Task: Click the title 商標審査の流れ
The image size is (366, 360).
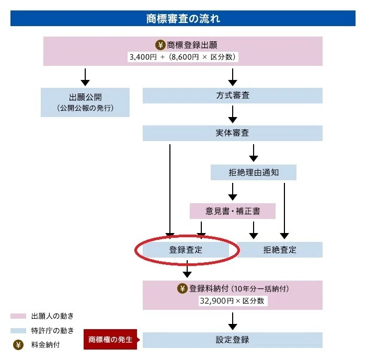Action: pyautogui.click(x=183, y=18)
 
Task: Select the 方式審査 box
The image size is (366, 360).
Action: pyautogui.click(x=233, y=96)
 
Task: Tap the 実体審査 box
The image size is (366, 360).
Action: pyautogui.click(x=233, y=133)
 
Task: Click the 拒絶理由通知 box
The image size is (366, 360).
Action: pyautogui.click(x=254, y=172)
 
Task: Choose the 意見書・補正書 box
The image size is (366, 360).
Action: pyautogui.click(x=233, y=211)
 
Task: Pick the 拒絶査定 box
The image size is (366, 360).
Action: pyautogui.click(x=280, y=250)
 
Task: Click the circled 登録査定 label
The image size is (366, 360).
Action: pyautogui.click(x=186, y=250)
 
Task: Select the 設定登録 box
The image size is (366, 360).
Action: pyautogui.click(x=233, y=340)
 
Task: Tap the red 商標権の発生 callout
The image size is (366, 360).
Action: pyautogui.click(x=110, y=339)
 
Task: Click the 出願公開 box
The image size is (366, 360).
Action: pyautogui.click(x=85, y=102)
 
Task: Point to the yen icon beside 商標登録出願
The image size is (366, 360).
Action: pyautogui.click(x=161, y=45)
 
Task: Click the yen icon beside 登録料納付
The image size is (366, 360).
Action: pyautogui.click(x=182, y=288)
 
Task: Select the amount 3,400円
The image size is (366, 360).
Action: pyautogui.click(x=143, y=57)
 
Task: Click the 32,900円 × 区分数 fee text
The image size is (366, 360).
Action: pyautogui.click(x=232, y=301)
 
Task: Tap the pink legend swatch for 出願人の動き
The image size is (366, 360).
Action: pyautogui.click(x=18, y=316)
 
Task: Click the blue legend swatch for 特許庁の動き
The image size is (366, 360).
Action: pyautogui.click(x=18, y=331)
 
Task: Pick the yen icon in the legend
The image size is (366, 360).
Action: pyautogui.click(x=18, y=345)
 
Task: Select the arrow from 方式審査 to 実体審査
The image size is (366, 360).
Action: pyautogui.click(x=233, y=114)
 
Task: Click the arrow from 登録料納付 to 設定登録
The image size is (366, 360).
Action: pyautogui.click(x=233, y=321)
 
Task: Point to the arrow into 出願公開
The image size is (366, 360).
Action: pyautogui.click(x=85, y=77)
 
